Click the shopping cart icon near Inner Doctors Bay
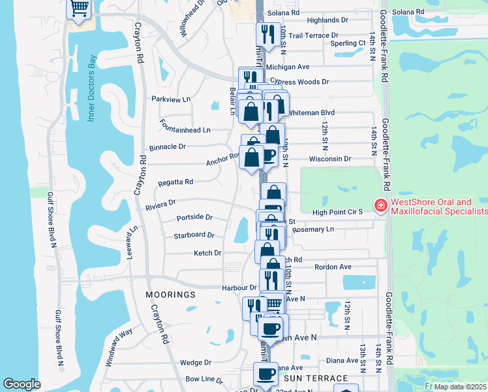79,8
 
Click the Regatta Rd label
175,182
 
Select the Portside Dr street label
194,217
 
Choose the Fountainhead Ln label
186,130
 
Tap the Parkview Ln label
170,99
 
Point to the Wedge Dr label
196,362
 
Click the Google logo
22,384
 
